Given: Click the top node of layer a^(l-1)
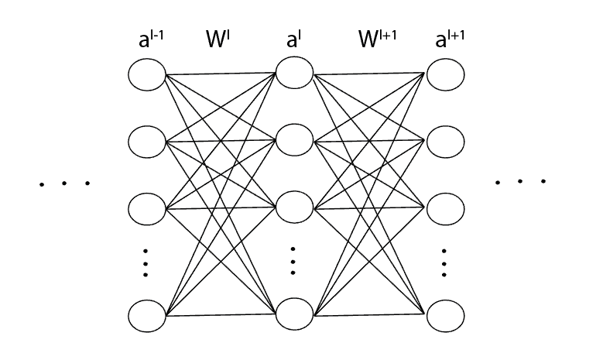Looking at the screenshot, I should pos(147,75).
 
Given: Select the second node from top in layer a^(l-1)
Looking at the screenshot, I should pos(147,142).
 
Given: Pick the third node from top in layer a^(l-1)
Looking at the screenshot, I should pos(147,208).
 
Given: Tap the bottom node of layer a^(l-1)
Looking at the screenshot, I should pos(147,316).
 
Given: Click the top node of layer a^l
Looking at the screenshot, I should pos(294,75).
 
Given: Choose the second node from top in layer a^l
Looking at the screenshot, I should pos(294,142).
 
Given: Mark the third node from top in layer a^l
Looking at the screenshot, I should pos(294,208).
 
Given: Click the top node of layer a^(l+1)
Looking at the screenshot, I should pos(445,75).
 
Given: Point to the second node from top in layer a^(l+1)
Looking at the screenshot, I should pos(445,142).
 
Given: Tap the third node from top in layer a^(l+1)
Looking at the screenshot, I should pos(445,208).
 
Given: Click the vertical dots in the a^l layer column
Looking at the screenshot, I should pos(293,261).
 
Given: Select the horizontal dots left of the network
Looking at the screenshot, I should pos(64,183).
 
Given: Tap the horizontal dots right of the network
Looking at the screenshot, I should pos(520,182).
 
